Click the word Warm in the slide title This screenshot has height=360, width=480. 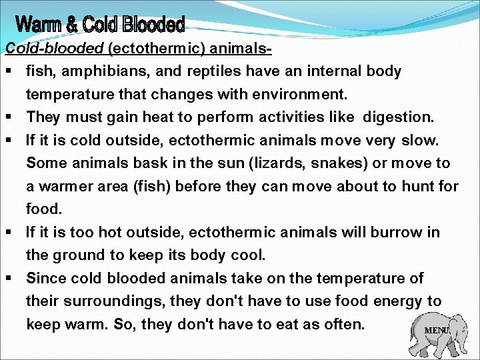click(39, 26)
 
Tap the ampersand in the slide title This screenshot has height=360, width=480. click(72, 26)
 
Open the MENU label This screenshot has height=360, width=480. click(437, 331)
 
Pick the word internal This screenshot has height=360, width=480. click(331, 71)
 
